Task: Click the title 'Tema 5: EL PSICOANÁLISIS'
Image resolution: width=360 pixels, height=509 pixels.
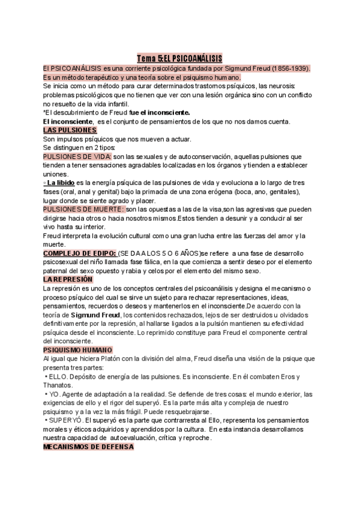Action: (x=179, y=58)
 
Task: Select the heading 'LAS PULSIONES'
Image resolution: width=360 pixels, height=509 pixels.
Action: (x=70, y=130)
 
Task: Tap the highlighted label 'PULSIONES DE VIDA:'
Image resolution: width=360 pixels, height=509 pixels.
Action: (x=77, y=157)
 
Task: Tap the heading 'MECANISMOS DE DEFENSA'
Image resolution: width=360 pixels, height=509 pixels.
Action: (x=88, y=447)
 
